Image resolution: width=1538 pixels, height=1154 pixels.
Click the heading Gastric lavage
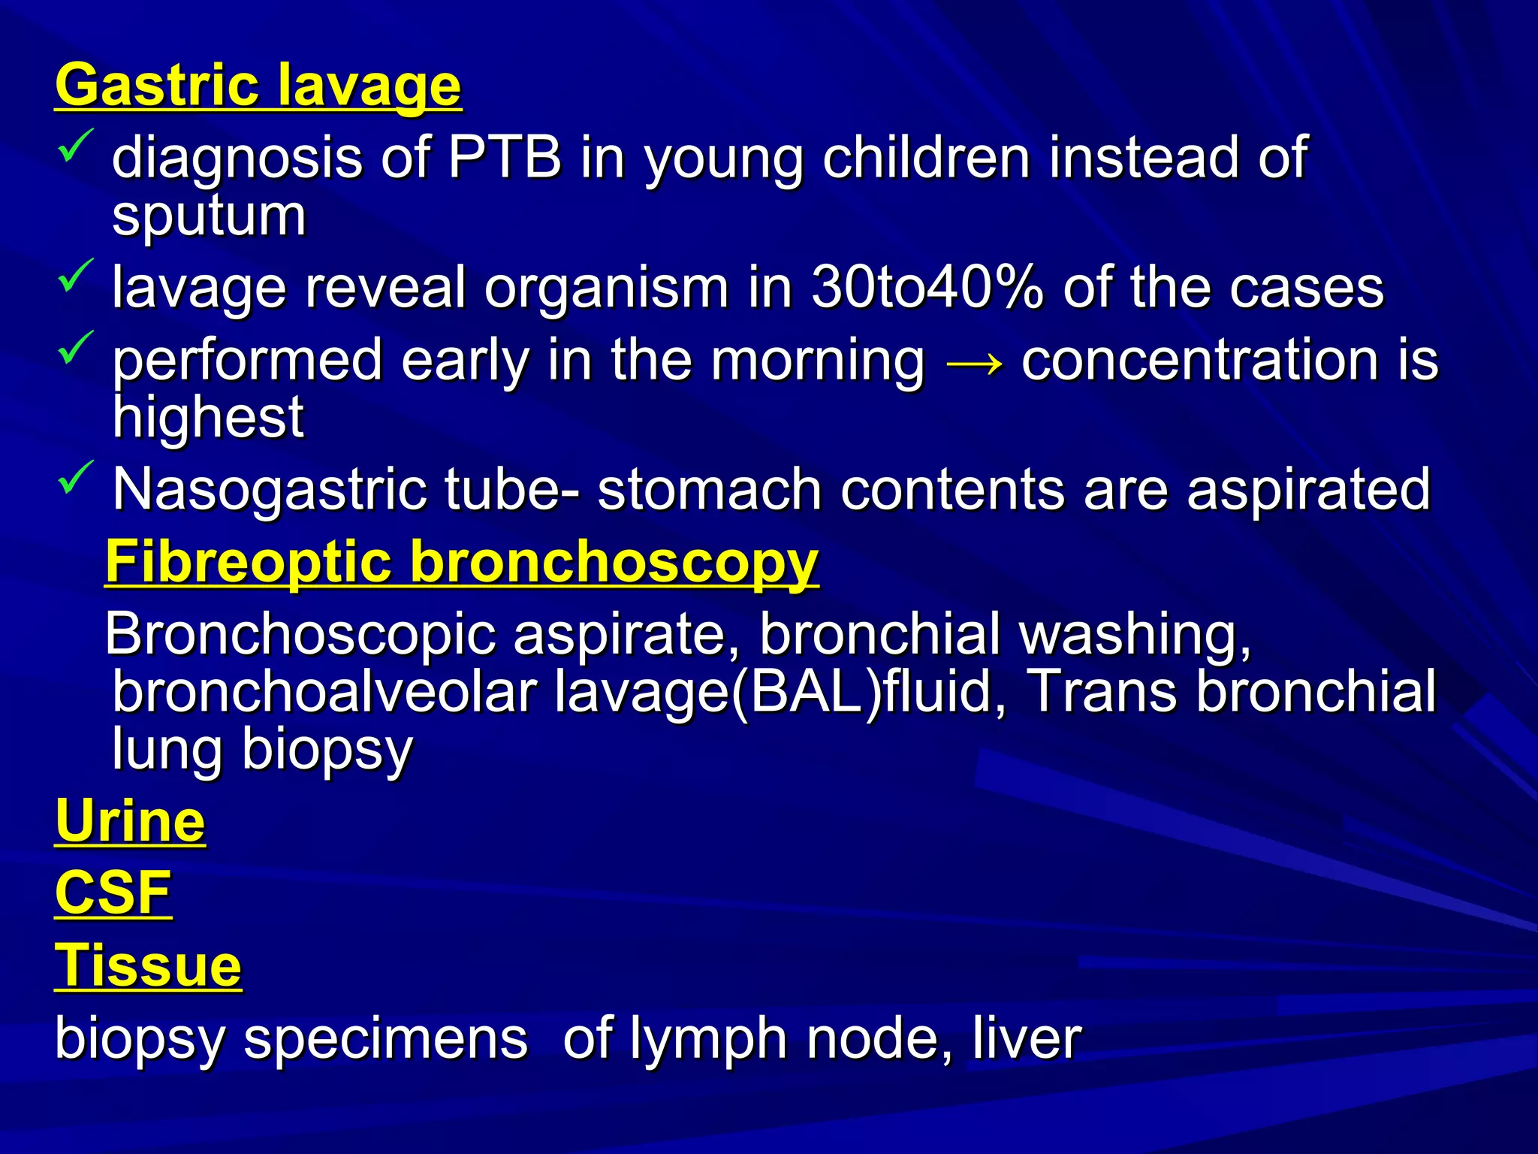[258, 86]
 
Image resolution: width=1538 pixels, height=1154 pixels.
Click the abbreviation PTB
[505, 158]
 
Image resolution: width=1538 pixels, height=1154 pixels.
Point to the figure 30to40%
[927, 288]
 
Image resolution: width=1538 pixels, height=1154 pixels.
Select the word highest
[208, 417]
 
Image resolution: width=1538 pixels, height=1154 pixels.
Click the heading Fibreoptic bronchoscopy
[461, 562]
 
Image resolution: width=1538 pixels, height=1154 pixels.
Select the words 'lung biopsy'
[262, 750]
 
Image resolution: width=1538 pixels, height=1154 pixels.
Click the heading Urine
[130, 821]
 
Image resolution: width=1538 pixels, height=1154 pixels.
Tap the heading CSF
[113, 893]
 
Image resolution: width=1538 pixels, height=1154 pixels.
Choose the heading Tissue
[148, 965]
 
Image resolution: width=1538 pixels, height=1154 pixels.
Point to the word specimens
[386, 1040]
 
